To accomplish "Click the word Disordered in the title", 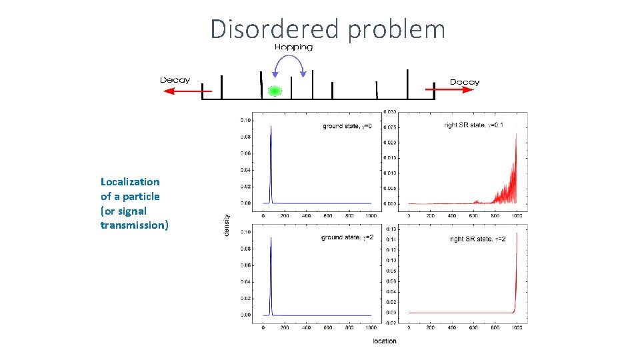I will point(274,29).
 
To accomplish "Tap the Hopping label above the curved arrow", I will point(293,47).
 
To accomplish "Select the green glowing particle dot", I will point(273,91).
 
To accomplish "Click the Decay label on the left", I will point(175,80).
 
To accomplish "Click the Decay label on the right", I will point(464,82).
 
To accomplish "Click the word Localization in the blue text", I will point(130,181).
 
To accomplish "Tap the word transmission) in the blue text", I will point(135,225).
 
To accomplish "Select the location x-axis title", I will point(384,341).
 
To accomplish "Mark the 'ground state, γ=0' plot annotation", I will point(347,125).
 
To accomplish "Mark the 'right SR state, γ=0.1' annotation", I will point(479,125).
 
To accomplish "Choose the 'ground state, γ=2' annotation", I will point(347,237).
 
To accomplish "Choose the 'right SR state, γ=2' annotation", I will point(477,239).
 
